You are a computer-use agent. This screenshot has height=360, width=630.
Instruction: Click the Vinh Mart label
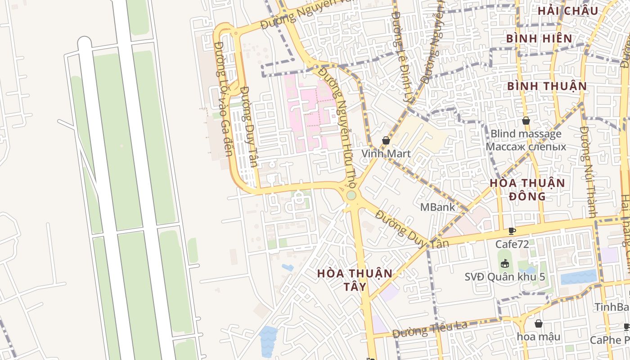click(386, 154)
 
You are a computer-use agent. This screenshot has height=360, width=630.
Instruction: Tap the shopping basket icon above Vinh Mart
click(386, 141)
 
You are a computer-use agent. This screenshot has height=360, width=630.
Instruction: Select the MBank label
click(437, 207)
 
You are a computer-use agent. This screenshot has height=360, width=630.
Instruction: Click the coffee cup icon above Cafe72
click(512, 231)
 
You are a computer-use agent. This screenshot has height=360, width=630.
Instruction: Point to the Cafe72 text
click(512, 244)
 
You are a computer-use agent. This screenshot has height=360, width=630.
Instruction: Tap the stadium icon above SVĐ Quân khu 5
click(505, 263)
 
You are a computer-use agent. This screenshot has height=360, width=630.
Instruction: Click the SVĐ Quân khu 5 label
click(504, 276)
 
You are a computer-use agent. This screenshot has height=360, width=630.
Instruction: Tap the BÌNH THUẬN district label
click(547, 86)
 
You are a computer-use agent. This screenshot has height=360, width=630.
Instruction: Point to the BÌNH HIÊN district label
click(539, 39)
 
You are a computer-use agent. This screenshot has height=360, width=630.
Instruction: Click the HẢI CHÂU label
click(567, 11)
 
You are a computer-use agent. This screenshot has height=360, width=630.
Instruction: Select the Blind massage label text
click(526, 134)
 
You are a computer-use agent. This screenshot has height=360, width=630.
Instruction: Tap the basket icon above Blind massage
click(526, 121)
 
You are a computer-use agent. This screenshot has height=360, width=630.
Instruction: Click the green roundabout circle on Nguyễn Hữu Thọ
click(351, 196)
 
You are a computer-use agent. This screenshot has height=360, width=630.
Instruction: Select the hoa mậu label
click(538, 337)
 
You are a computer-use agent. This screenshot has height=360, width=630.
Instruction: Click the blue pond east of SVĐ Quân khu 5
click(579, 277)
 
